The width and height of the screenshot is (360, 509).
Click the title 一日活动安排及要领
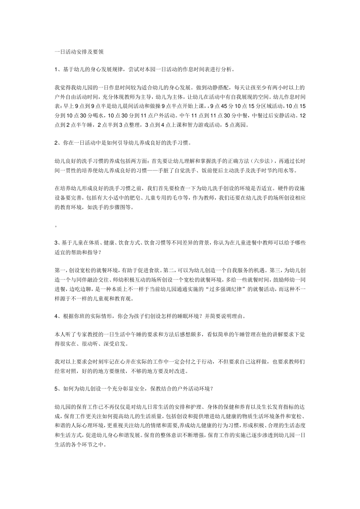pyautogui.click(x=79, y=52)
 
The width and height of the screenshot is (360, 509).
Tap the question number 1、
pyautogui.click(x=58, y=69)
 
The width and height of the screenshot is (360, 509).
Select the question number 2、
pyautogui.click(x=58, y=143)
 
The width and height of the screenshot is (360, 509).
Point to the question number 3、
pyautogui.click(x=58, y=243)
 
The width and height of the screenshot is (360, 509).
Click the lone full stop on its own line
pyautogui.click(x=56, y=226)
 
